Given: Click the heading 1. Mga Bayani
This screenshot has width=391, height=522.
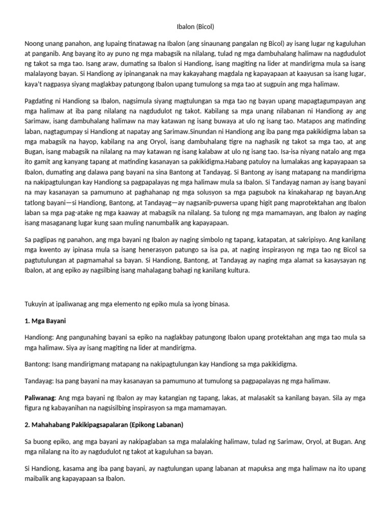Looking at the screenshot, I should pyautogui.click(x=46, y=322).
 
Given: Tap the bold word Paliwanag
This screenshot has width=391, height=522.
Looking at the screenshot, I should pyautogui.click(x=41, y=398).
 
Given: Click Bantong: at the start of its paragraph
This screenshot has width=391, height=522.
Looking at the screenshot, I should pyautogui.click(x=38, y=364).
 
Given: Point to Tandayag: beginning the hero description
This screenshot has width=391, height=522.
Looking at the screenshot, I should pyautogui.click(x=40, y=381).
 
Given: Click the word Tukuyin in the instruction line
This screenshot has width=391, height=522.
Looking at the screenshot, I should pyautogui.click(x=36, y=304).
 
